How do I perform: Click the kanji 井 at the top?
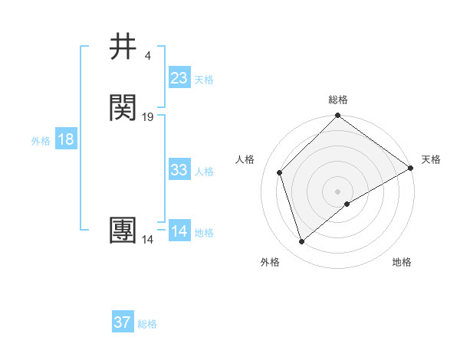[124, 47]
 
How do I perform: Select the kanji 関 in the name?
[124, 108]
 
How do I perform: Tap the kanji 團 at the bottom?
[124, 231]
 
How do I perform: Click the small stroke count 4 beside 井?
[147, 56]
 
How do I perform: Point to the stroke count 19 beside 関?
[148, 117]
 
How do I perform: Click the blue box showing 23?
[179, 78]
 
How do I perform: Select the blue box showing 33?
[179, 170]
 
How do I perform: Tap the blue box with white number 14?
[179, 231]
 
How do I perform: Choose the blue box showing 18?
[65, 139]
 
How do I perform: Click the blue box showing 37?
[122, 322]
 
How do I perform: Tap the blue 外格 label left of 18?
[41, 141]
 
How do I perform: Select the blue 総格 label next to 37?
[147, 324]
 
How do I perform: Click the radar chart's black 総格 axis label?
[338, 100]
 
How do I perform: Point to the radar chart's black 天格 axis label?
[431, 159]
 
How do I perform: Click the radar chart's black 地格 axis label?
[402, 262]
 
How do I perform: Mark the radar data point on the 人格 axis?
[280, 172]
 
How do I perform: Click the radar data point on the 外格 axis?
[302, 242]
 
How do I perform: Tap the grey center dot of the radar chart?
[338, 191]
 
